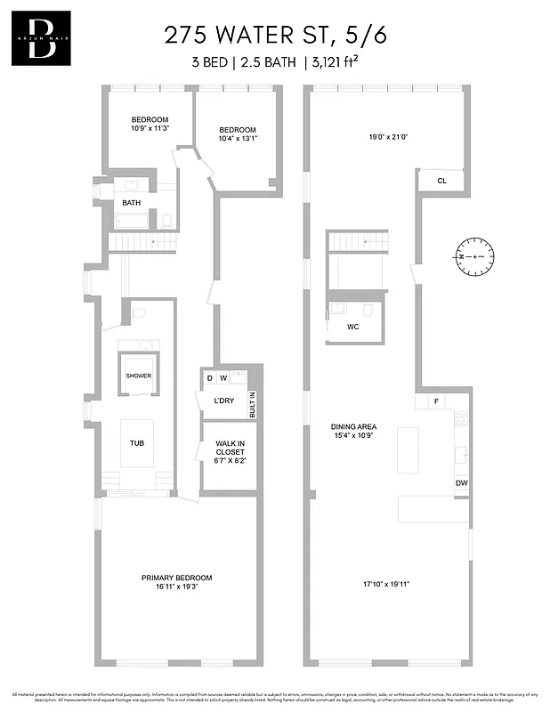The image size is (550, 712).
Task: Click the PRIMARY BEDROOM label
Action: pos(176,582)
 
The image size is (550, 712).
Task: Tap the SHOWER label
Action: pos(138,376)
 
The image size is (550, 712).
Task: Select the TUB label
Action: pos(136,442)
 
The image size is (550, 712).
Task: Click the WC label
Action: pos(353,327)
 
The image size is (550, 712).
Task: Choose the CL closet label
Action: pos(441,181)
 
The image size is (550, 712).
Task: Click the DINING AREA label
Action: pos(356,430)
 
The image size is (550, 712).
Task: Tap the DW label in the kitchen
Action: pos(461,483)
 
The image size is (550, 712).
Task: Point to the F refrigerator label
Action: pos(436,402)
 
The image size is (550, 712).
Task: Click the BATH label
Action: pos(131,203)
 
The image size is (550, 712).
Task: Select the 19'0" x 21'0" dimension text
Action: pos(388,137)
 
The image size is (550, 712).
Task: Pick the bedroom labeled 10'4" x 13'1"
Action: pos(238,134)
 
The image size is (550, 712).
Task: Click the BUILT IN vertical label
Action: pos(252,405)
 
